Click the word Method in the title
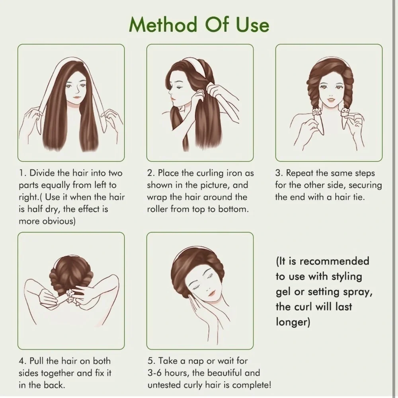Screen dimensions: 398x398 163,25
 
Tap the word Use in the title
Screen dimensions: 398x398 252,25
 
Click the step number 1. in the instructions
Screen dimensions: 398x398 23,173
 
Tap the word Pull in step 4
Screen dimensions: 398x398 37,361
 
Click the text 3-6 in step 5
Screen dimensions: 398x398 155,373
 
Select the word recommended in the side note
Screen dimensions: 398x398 334,261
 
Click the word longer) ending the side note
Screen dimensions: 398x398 293,322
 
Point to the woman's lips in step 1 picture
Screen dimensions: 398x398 76,97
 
